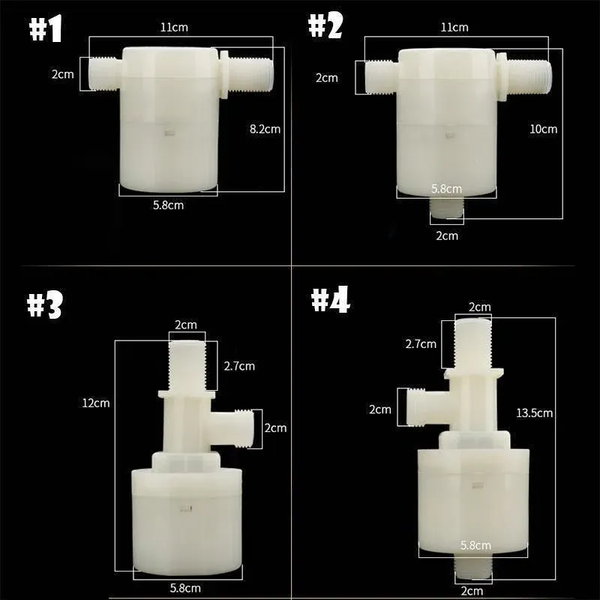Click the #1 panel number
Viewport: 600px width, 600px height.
46,29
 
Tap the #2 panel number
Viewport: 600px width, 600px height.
325,26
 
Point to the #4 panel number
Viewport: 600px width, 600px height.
330,300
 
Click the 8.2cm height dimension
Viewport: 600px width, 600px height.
265,129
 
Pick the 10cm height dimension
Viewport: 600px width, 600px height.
544,129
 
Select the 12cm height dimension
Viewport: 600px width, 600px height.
96,403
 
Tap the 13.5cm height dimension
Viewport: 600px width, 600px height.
534,413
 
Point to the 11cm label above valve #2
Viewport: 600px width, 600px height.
454,28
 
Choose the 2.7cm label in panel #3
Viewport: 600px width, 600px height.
239,366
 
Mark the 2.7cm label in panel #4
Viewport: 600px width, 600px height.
421,344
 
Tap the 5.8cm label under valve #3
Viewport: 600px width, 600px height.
184,588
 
